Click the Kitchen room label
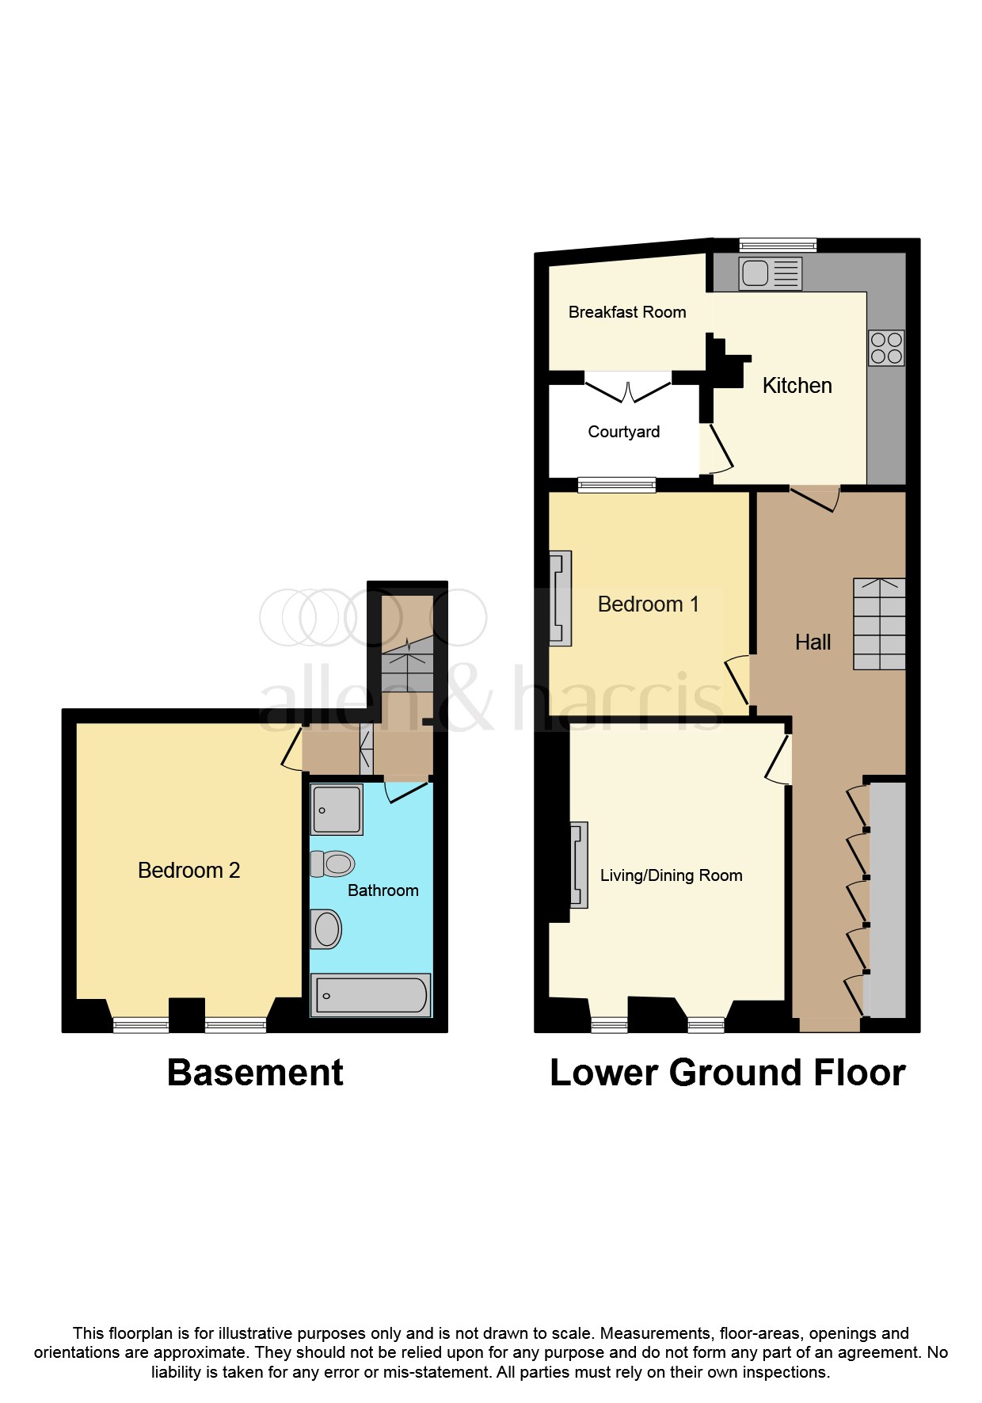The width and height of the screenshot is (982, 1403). (797, 386)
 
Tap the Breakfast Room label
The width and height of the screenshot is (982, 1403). (627, 312)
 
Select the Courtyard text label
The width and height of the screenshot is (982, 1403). (623, 432)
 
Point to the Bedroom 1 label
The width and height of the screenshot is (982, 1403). (648, 604)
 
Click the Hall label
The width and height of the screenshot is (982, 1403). (813, 642)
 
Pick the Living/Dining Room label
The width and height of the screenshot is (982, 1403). (671, 875)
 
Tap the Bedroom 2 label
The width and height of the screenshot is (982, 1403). (188, 871)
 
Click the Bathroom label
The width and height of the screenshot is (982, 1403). (383, 890)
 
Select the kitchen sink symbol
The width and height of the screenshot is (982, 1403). (770, 273)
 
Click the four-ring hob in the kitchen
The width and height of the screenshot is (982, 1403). (886, 348)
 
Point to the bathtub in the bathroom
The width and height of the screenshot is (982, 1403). (371, 995)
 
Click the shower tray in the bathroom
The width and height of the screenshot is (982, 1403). (337, 809)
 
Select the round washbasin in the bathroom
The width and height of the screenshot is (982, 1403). (326, 928)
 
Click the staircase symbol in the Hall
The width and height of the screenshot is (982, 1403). (879, 624)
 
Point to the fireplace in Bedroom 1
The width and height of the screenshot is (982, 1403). (560, 598)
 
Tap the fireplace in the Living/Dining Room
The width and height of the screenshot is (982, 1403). (579, 865)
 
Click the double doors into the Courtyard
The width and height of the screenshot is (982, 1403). (628, 391)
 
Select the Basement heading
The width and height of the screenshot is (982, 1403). (255, 1073)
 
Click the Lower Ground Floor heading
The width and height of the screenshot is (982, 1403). (727, 1073)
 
